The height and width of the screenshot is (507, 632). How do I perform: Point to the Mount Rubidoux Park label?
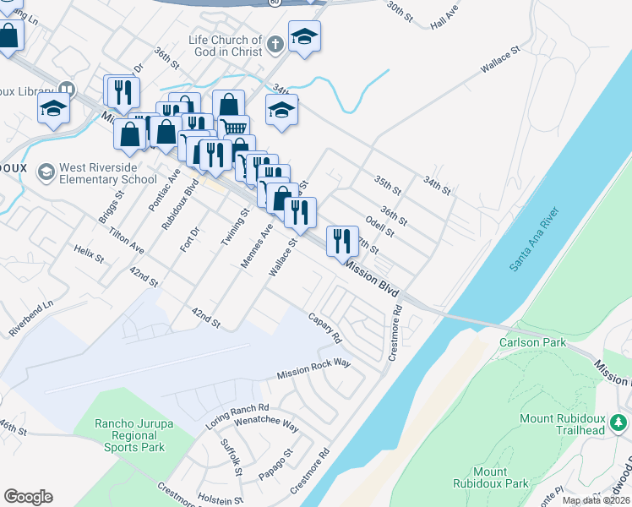pos(501,477)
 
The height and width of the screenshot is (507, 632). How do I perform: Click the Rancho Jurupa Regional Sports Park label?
pos(129,435)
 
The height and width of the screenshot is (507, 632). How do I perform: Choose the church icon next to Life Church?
pos(275,43)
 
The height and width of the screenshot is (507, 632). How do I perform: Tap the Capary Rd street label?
pos(324,329)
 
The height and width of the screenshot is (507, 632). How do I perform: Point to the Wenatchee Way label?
pos(266,422)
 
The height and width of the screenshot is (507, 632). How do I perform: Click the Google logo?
pos(28,497)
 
